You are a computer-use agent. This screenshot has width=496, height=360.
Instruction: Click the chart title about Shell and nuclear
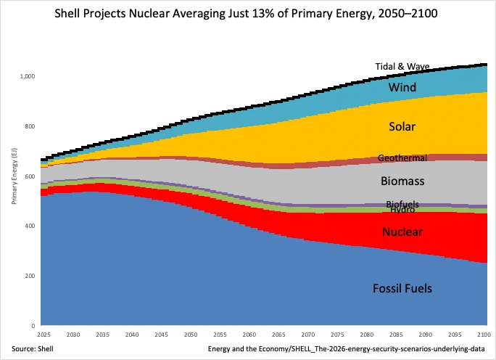pyautogui.click(x=246, y=14)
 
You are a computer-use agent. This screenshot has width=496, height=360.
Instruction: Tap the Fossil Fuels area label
pyautogui.click(x=402, y=288)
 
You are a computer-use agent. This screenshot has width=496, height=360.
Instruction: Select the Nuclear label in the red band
pyautogui.click(x=402, y=232)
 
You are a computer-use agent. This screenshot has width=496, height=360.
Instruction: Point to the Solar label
pyautogui.click(x=402, y=126)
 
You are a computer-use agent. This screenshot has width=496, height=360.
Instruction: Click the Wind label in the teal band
pyautogui.click(x=402, y=87)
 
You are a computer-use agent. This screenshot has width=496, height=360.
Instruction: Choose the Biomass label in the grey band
pyautogui.click(x=402, y=181)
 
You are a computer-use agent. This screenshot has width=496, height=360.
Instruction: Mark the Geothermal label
pyautogui.click(x=402, y=157)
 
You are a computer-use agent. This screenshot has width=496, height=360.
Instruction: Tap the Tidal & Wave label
pyautogui.click(x=402, y=67)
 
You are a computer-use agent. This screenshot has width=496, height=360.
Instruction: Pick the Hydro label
pyautogui.click(x=402, y=210)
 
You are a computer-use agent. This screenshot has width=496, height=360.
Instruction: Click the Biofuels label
pyautogui.click(x=402, y=204)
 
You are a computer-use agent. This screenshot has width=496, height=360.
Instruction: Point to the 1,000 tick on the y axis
pyautogui.click(x=28, y=76)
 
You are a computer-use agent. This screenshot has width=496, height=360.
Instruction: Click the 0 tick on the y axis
pyautogui.click(x=33, y=325)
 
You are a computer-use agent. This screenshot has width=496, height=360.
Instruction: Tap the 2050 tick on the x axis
pyautogui.click(x=191, y=335)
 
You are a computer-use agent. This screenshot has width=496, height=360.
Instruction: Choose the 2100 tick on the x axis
pyautogui.click(x=484, y=335)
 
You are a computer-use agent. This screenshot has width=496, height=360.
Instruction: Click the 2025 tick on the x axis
pyautogui.click(x=44, y=335)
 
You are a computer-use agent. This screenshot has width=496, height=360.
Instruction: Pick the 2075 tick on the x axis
pyautogui.click(x=337, y=335)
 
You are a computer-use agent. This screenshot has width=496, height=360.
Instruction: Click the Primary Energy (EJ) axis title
pyautogui.click(x=15, y=176)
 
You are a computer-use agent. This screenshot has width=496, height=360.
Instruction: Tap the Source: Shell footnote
pyautogui.click(x=33, y=349)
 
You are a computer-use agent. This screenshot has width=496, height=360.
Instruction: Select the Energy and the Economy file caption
pyautogui.click(x=347, y=349)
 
